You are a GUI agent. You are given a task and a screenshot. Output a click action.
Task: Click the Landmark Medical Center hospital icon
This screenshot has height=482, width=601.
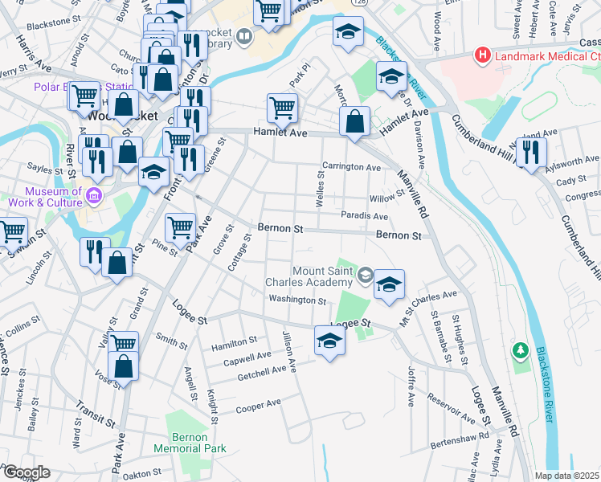click(482, 55)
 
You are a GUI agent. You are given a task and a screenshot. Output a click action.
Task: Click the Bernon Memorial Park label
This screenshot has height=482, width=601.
click(190, 443)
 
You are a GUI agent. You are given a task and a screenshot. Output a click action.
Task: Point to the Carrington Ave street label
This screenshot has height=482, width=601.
click(351, 167)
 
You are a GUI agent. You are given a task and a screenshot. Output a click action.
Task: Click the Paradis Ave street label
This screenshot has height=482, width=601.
click(365, 215)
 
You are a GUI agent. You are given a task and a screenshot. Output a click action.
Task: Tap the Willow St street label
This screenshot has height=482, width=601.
click(386, 198)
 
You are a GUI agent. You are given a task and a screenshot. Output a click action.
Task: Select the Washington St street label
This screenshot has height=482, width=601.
click(297, 300)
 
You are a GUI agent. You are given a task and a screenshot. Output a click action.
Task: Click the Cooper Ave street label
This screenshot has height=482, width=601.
click(258, 406)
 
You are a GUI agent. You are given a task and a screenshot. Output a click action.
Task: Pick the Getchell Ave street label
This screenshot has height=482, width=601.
click(261, 372)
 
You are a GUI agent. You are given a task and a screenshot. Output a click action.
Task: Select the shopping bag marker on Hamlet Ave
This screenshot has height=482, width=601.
click(354, 121)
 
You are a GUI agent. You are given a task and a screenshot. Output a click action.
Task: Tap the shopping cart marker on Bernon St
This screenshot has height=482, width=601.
click(180, 227)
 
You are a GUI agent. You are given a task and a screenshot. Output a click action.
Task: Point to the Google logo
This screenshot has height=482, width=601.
click(26, 472)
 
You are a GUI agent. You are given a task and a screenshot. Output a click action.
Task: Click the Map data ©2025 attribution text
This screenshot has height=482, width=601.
click(567, 476)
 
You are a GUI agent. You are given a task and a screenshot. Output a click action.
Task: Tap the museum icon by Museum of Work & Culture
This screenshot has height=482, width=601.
click(94, 196)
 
